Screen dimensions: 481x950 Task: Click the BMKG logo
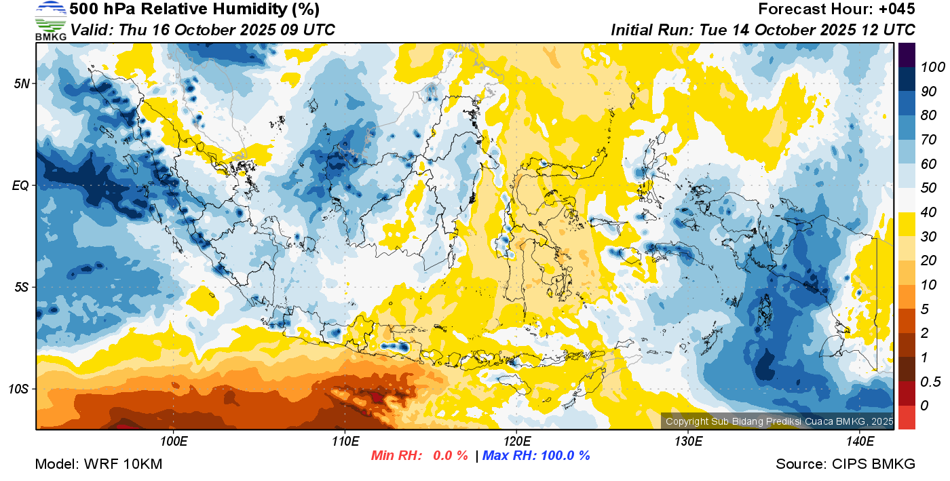[x=50, y=21]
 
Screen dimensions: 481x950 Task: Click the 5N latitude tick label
[x=22, y=83]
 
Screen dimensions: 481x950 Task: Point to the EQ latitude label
[x=20, y=185]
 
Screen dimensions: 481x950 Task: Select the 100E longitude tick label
[x=174, y=442]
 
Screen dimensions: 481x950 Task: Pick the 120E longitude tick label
[x=516, y=442]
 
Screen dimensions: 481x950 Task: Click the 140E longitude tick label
[x=860, y=442]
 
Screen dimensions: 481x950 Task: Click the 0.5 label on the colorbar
[x=929, y=383]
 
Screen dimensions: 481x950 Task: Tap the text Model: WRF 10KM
[x=98, y=464]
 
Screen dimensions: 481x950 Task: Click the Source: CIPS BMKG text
[x=845, y=464]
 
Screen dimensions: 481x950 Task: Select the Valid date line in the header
[x=202, y=30]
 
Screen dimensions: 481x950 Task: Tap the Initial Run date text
[x=763, y=30]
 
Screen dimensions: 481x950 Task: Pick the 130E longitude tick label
[x=688, y=442]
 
